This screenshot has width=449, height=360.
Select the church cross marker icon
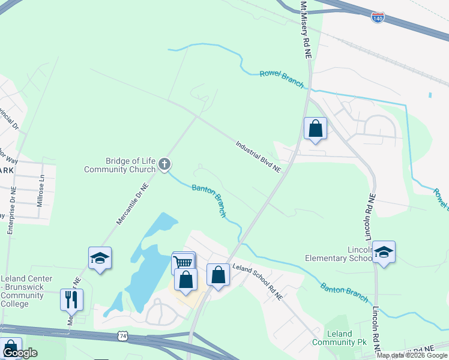click(164, 164)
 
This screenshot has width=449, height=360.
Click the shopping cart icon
click(184, 262)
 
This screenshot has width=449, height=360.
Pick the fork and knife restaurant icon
click(71, 298)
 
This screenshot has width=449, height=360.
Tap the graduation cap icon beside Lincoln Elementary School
click(384, 251)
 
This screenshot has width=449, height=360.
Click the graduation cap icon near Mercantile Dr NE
click(100, 257)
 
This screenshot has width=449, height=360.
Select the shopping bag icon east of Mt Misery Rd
click(315, 128)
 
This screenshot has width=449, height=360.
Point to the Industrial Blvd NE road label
click(258, 157)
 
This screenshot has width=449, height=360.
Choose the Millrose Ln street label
click(41, 196)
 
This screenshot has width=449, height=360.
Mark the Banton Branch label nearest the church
click(209, 200)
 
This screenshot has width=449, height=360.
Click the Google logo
click(20, 353)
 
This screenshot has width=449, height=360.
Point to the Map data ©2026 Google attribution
click(412, 355)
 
